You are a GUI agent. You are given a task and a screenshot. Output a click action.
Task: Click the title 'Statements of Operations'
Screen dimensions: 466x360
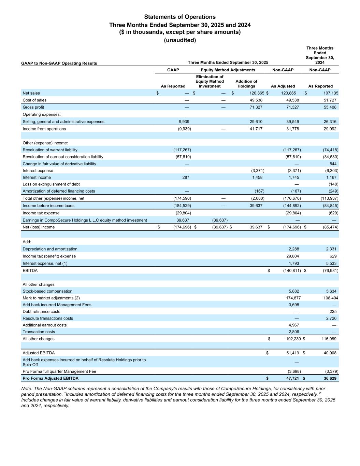(180, 17)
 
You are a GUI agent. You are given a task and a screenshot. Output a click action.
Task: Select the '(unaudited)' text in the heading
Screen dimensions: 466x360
(180, 40)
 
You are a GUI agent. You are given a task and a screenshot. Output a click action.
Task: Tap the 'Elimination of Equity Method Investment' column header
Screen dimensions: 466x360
(210, 82)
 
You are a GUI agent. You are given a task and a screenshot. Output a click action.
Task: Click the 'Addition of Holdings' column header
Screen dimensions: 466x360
(246, 84)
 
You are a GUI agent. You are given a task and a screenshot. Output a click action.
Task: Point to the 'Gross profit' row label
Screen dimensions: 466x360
(33, 107)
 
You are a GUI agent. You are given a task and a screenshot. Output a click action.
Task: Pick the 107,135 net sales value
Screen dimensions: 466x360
(329, 93)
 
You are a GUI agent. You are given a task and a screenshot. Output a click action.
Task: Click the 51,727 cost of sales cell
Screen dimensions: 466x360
(330, 100)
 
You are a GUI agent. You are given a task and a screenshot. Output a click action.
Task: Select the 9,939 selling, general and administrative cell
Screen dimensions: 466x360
(184, 122)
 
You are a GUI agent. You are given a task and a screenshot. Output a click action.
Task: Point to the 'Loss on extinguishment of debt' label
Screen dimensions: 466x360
(51, 184)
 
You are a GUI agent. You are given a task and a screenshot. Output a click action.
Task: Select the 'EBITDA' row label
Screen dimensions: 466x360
(30, 270)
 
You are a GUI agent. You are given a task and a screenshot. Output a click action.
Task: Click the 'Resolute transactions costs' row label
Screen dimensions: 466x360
(48, 318)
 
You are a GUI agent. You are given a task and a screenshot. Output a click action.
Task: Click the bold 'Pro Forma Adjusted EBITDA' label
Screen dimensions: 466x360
(51, 378)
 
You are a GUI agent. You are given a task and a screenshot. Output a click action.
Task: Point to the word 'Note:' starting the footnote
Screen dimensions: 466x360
(27, 389)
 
